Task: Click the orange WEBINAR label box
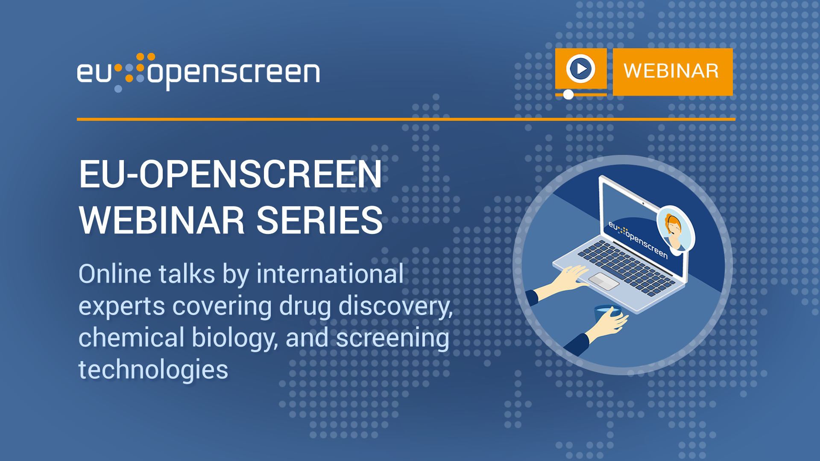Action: point(673,72)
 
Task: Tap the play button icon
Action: point(581,68)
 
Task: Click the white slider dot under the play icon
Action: point(568,94)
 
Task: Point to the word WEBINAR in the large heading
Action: point(162,220)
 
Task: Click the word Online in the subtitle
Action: point(115,274)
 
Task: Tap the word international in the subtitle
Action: point(330,274)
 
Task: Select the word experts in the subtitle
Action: point(122,306)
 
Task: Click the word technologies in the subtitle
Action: point(153,369)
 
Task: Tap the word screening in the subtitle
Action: point(392,338)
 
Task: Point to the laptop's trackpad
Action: point(603,281)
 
